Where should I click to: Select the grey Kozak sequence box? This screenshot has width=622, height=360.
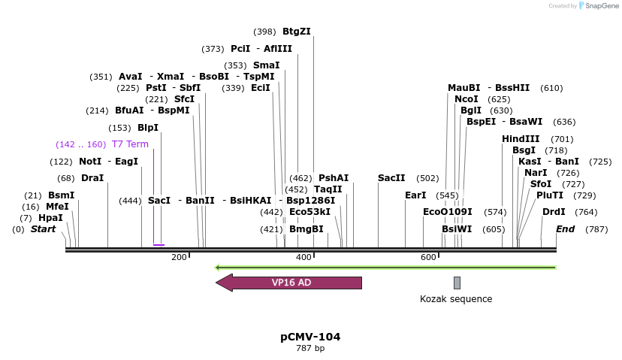coord(457,283)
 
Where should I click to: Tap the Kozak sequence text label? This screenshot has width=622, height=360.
coord(456,299)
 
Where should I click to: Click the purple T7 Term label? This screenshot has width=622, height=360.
coord(130,144)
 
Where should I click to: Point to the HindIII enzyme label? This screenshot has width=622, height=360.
coord(521,139)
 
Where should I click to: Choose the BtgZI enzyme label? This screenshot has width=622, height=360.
coord(296,32)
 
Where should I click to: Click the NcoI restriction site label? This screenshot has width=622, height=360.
coord(466,99)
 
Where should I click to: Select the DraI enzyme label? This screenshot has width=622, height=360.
coord(92,178)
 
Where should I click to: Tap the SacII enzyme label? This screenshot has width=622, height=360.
coord(391,178)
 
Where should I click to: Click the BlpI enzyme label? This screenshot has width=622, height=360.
coord(148,128)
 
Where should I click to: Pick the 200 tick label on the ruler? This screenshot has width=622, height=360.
coord(179,258)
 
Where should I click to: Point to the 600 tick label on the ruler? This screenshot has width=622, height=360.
coord(428,258)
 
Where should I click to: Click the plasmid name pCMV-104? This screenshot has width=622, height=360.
coord(310,337)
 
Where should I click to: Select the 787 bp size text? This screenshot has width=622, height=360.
coord(310,348)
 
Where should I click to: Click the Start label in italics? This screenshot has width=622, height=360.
coord(43,229)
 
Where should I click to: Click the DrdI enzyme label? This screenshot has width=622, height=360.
coord(554,212)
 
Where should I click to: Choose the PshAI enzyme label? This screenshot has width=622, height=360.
coord(334,178)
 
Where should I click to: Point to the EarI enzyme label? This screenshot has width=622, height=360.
coord(415,195)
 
